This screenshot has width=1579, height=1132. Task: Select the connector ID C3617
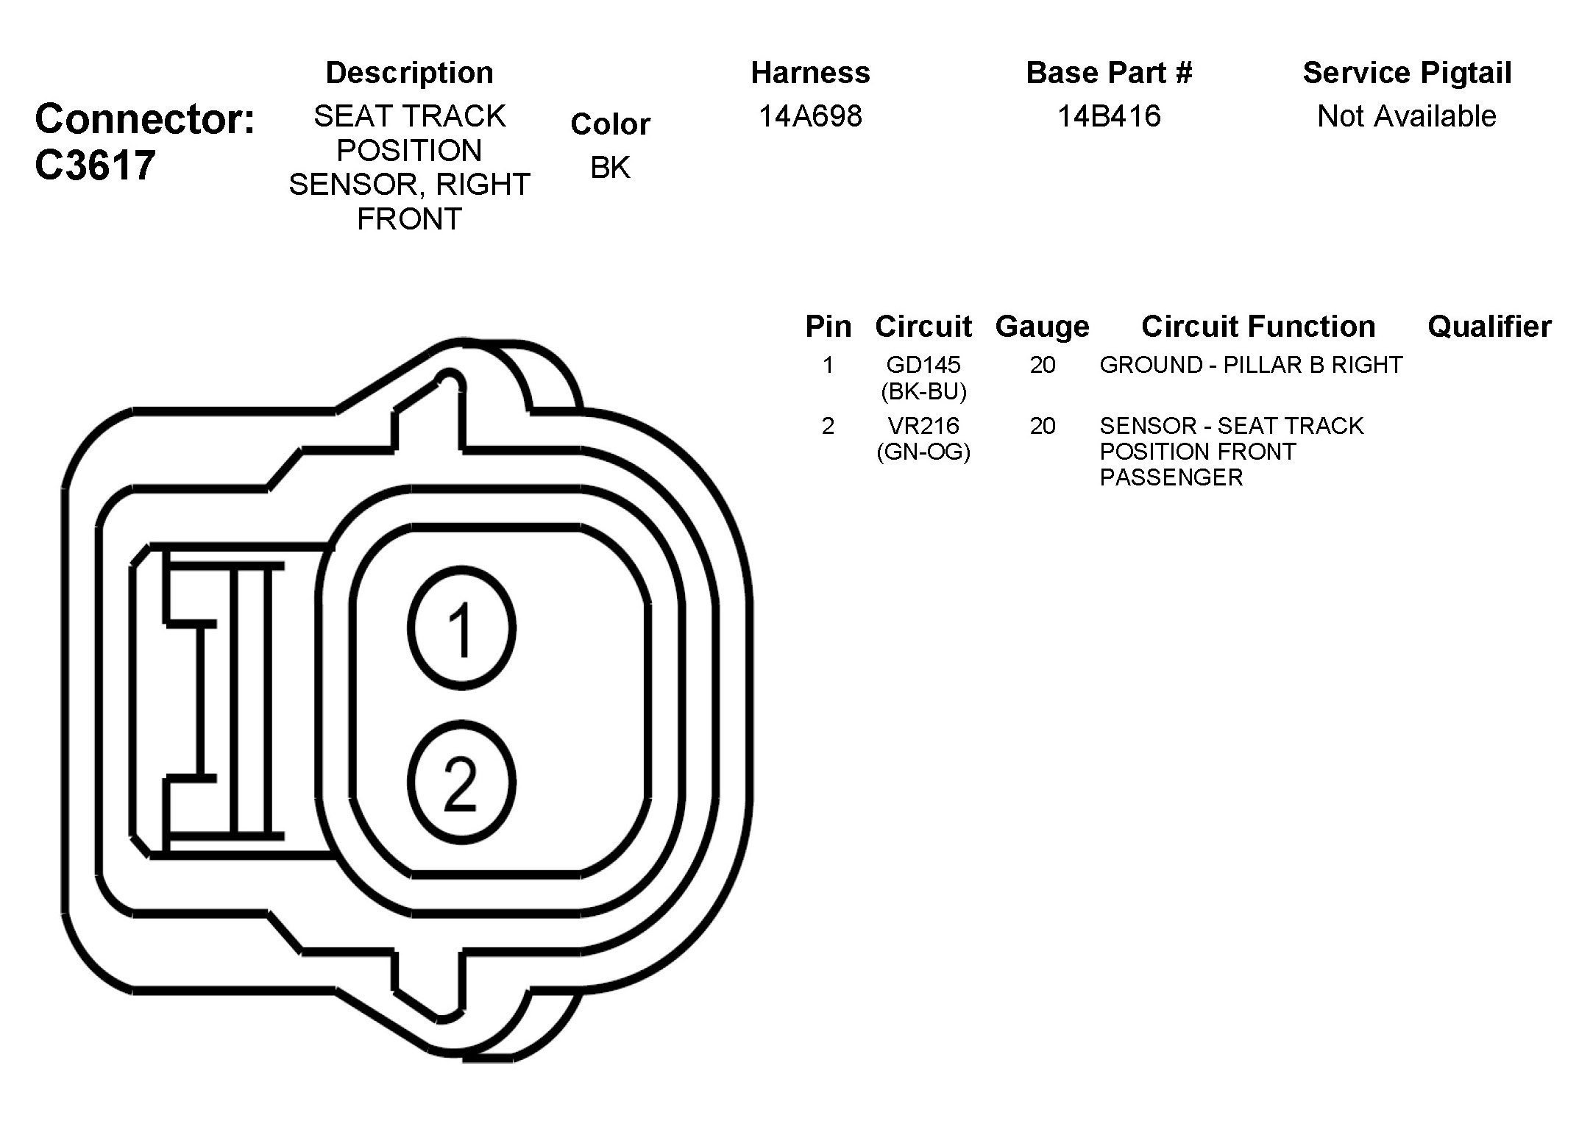coord(95,165)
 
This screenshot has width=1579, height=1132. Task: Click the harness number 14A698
coord(810,116)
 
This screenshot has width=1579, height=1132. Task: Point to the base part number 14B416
coord(1109,116)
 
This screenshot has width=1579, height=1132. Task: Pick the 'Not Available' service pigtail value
coord(1407,116)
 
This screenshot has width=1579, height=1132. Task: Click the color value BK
coord(610,168)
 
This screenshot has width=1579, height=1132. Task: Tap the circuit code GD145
coord(923,365)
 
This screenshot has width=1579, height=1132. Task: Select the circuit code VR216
coord(923,426)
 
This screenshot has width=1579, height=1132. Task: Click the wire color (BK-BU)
coord(923,391)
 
